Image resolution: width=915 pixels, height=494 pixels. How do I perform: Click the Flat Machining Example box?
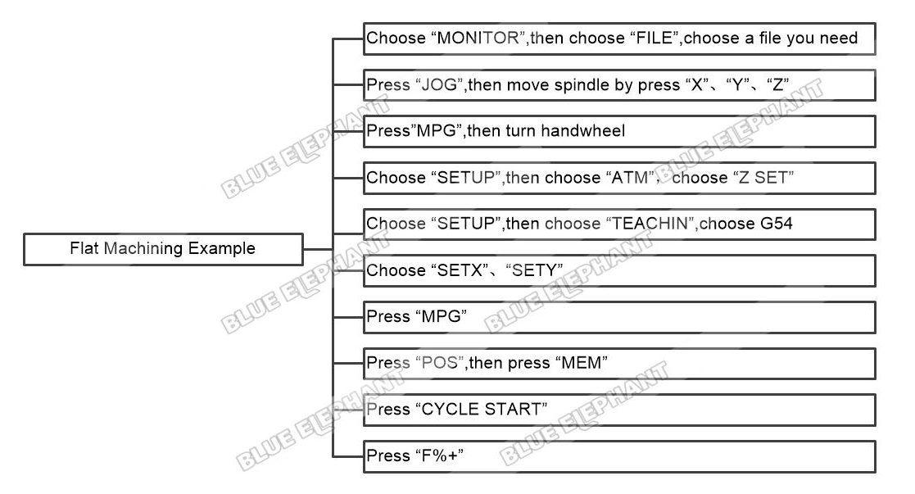point(163,249)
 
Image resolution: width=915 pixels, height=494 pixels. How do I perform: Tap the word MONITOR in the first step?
point(478,38)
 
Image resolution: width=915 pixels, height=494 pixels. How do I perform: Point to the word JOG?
point(439,84)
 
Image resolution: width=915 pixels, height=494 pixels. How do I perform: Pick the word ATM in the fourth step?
point(630,177)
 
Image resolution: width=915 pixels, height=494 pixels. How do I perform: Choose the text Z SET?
point(763,177)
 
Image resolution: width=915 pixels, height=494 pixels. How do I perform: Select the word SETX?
point(460,270)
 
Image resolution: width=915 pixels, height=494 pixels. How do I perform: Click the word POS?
point(439,363)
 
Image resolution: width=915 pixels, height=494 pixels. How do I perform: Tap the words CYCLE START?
point(482,409)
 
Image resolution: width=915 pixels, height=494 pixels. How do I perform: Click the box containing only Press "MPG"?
point(620,317)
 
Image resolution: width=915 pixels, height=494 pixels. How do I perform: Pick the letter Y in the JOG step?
point(737,84)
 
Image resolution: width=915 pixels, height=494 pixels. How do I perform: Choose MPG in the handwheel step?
point(436,130)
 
